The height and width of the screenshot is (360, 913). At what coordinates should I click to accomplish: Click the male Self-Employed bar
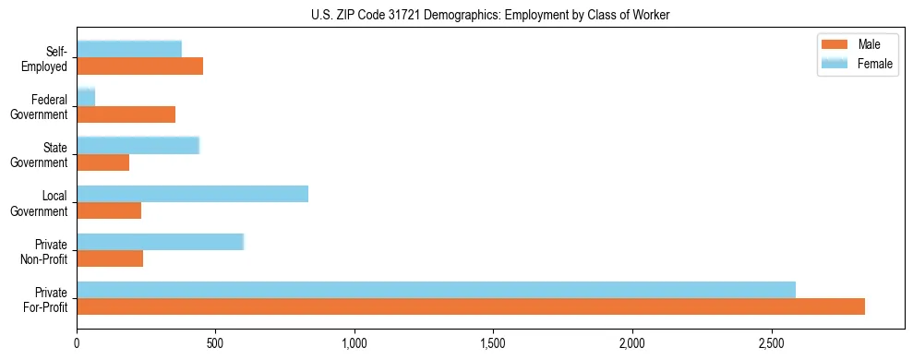[x=140, y=66]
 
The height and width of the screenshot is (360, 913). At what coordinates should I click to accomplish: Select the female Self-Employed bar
[x=129, y=49]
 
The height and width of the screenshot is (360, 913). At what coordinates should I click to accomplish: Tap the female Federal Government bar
[x=86, y=97]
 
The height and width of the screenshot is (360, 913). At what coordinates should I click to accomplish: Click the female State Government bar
[x=138, y=145]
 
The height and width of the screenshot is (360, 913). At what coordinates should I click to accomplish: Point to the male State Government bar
[x=103, y=162]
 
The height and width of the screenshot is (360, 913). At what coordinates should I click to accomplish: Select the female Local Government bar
[x=193, y=194]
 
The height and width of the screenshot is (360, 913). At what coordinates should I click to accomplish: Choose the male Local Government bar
[x=109, y=211]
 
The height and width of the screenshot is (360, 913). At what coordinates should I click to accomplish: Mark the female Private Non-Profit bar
[x=161, y=242]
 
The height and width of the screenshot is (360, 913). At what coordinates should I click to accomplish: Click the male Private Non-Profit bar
[x=110, y=259]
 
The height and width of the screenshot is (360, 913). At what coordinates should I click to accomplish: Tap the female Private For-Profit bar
[x=437, y=290]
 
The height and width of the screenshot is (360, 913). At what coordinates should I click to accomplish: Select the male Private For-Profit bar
[x=471, y=307]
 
